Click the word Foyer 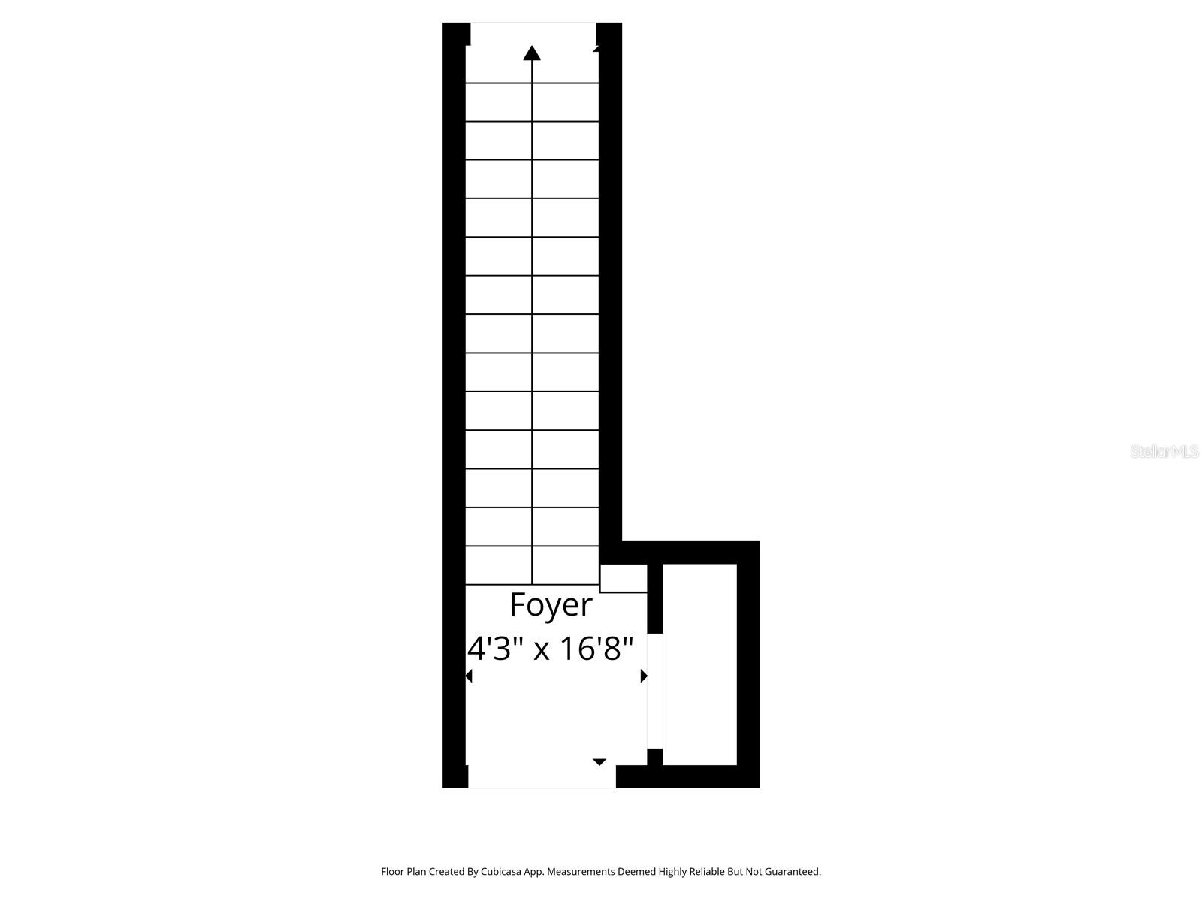click(x=551, y=604)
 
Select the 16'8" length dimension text click(x=598, y=648)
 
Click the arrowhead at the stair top click(x=532, y=53)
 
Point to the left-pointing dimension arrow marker click(x=469, y=676)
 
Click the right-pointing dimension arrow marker click(x=644, y=676)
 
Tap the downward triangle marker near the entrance click(x=599, y=762)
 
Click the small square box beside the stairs click(x=623, y=578)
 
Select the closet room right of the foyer click(x=699, y=664)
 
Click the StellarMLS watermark click(x=1164, y=451)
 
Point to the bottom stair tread click(x=532, y=565)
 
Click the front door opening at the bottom click(x=542, y=777)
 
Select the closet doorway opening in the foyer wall click(x=655, y=692)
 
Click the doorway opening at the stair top click(x=533, y=33)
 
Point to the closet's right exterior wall click(x=748, y=664)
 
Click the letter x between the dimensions click(x=542, y=650)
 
